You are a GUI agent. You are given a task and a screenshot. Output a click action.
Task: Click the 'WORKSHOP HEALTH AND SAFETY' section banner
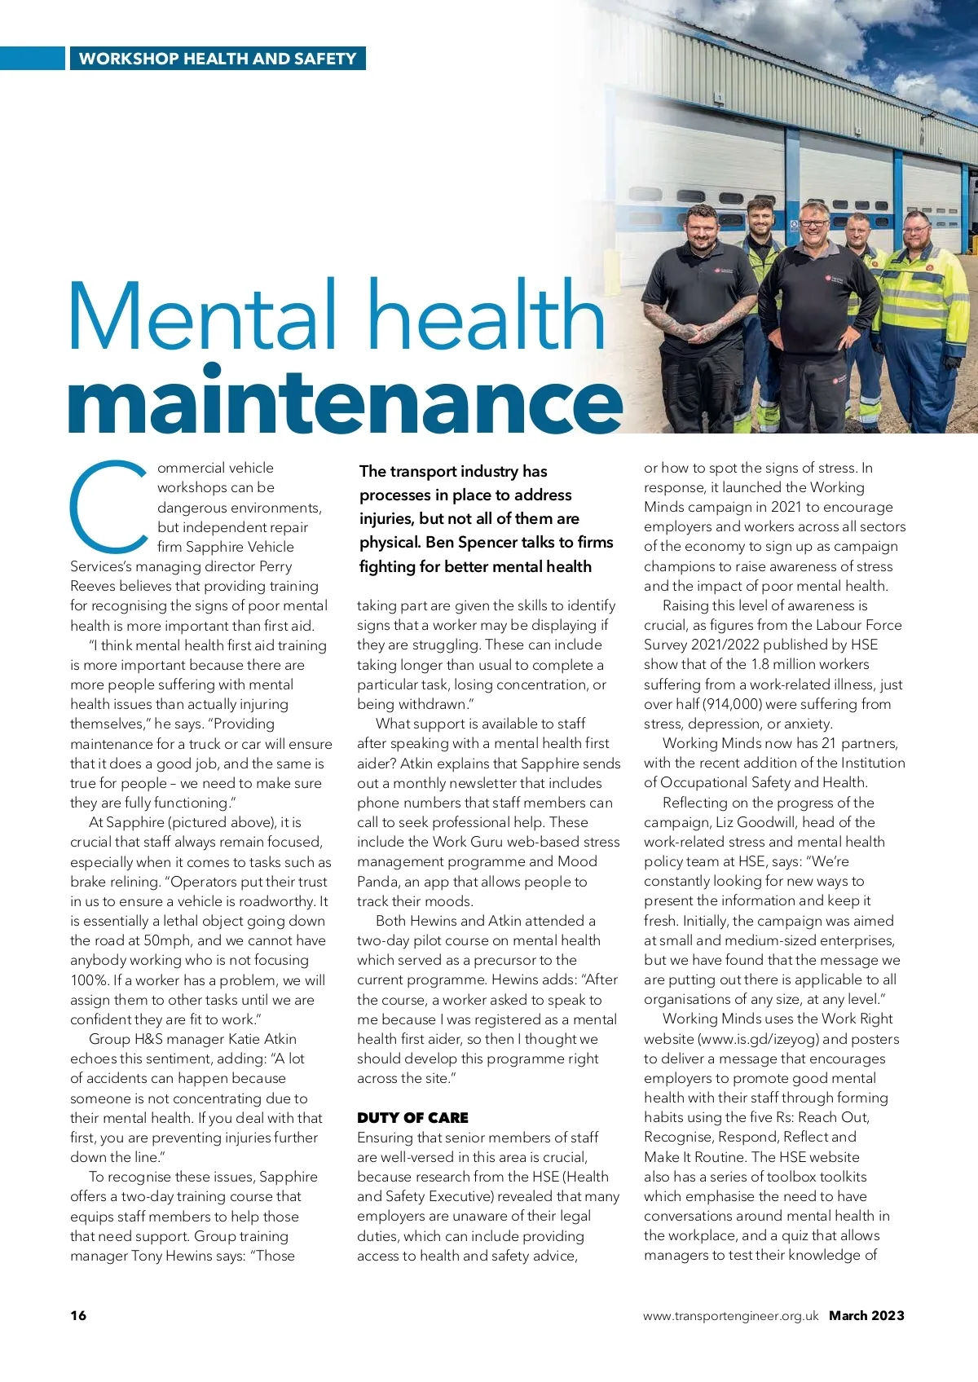point(217,59)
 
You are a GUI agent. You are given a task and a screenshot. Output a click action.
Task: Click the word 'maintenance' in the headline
point(344,399)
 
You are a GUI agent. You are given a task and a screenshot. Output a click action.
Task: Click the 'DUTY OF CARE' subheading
point(412,1118)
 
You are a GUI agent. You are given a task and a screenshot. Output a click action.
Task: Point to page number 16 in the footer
point(78,1315)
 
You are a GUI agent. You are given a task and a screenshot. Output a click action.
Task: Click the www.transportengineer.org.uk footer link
point(730,1316)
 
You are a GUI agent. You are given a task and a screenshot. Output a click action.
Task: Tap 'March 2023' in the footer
point(866,1315)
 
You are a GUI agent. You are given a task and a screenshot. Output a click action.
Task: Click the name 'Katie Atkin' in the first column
point(262,1039)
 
